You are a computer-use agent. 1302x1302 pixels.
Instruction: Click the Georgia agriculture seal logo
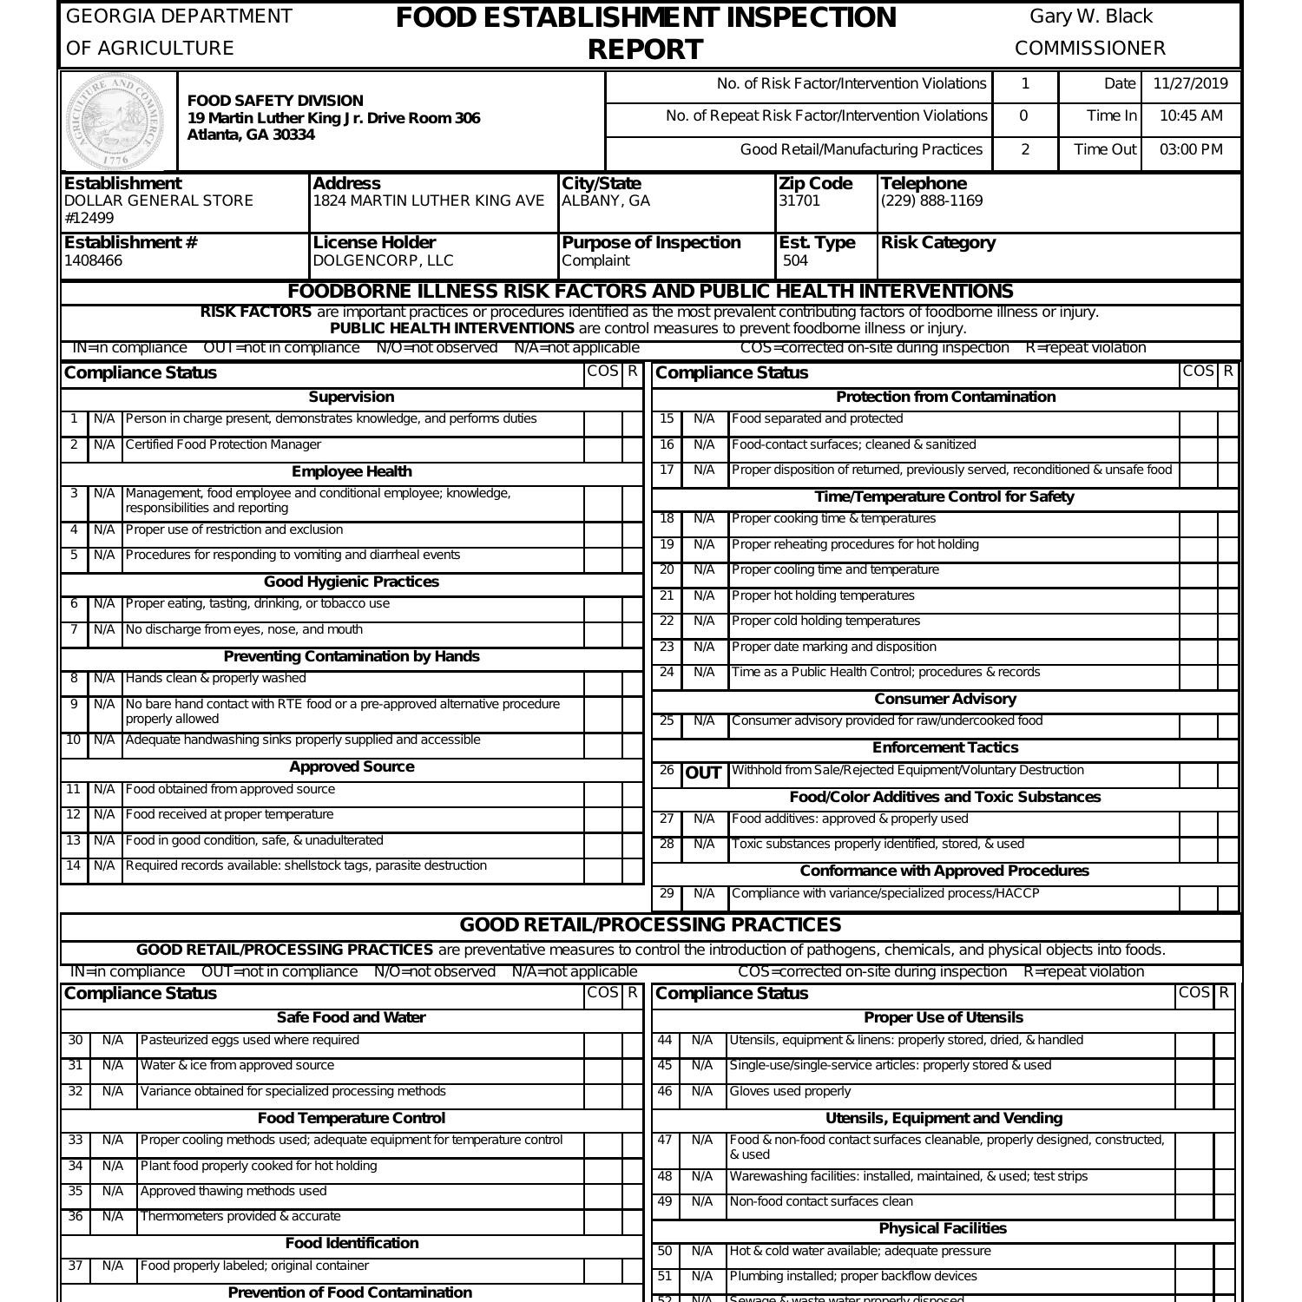pyautogui.click(x=115, y=122)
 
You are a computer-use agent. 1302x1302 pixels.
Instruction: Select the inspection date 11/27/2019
pyautogui.click(x=1191, y=84)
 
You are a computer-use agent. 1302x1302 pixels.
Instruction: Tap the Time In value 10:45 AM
pyautogui.click(x=1191, y=116)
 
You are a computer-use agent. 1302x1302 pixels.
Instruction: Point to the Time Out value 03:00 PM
pyautogui.click(x=1191, y=149)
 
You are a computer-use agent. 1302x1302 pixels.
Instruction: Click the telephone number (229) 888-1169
pyautogui.click(x=931, y=201)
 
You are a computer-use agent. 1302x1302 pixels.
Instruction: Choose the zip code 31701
pyautogui.click(x=799, y=201)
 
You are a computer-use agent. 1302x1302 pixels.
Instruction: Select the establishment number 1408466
pyautogui.click(x=94, y=260)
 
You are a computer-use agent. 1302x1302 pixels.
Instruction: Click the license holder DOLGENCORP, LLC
pyautogui.click(x=383, y=260)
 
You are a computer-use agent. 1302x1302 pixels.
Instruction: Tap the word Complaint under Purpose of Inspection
pyautogui.click(x=595, y=260)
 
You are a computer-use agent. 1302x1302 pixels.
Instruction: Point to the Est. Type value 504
pyautogui.click(x=795, y=260)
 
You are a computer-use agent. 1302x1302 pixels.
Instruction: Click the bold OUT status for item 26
pyautogui.click(x=703, y=773)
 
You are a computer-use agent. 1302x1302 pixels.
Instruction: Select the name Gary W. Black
pyautogui.click(x=1091, y=16)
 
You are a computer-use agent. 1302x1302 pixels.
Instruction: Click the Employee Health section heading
pyautogui.click(x=352, y=471)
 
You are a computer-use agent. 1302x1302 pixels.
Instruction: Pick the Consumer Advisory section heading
pyautogui.click(x=944, y=699)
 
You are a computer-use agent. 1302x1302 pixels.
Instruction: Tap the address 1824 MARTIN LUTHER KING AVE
pyautogui.click(x=429, y=201)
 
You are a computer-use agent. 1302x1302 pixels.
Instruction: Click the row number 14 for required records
pyautogui.click(x=74, y=865)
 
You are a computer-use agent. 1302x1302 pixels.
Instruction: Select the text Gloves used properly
pyautogui.click(x=790, y=1091)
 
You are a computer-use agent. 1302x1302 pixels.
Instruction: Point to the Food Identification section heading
pyautogui.click(x=352, y=1243)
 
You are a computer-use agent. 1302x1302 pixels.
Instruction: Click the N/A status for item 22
pyautogui.click(x=704, y=621)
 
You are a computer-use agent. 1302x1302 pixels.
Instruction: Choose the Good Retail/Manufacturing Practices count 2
pyautogui.click(x=1025, y=149)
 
